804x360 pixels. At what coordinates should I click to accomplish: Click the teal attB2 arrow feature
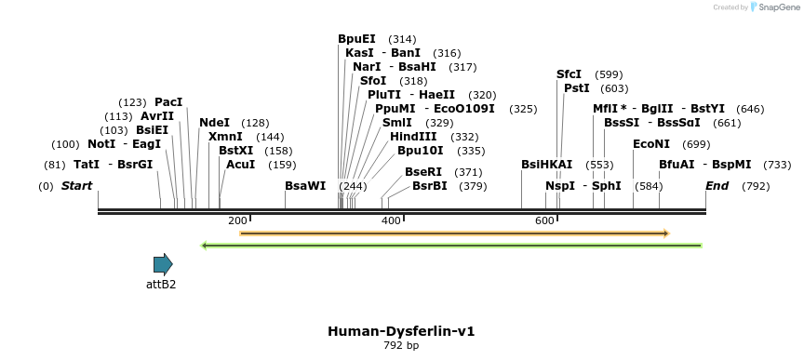click(163, 264)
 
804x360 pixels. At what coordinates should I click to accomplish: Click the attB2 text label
click(161, 285)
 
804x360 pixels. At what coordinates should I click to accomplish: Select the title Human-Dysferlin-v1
click(401, 331)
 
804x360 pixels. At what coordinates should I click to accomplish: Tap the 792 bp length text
click(401, 346)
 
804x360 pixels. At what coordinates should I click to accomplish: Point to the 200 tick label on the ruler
click(237, 220)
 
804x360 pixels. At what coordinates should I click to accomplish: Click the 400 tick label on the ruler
click(391, 220)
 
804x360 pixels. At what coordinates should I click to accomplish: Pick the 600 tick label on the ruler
click(544, 220)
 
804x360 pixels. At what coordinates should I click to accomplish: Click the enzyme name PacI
click(168, 102)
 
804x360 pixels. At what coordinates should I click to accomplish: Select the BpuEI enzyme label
click(356, 39)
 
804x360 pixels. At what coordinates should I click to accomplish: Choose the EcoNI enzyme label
click(651, 144)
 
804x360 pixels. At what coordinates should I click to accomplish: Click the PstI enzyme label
click(577, 88)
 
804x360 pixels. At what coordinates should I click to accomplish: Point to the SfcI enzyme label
click(569, 74)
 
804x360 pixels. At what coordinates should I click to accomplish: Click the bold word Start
click(76, 186)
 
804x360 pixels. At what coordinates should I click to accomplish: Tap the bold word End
click(717, 186)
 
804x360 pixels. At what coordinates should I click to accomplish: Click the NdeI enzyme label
click(214, 123)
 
